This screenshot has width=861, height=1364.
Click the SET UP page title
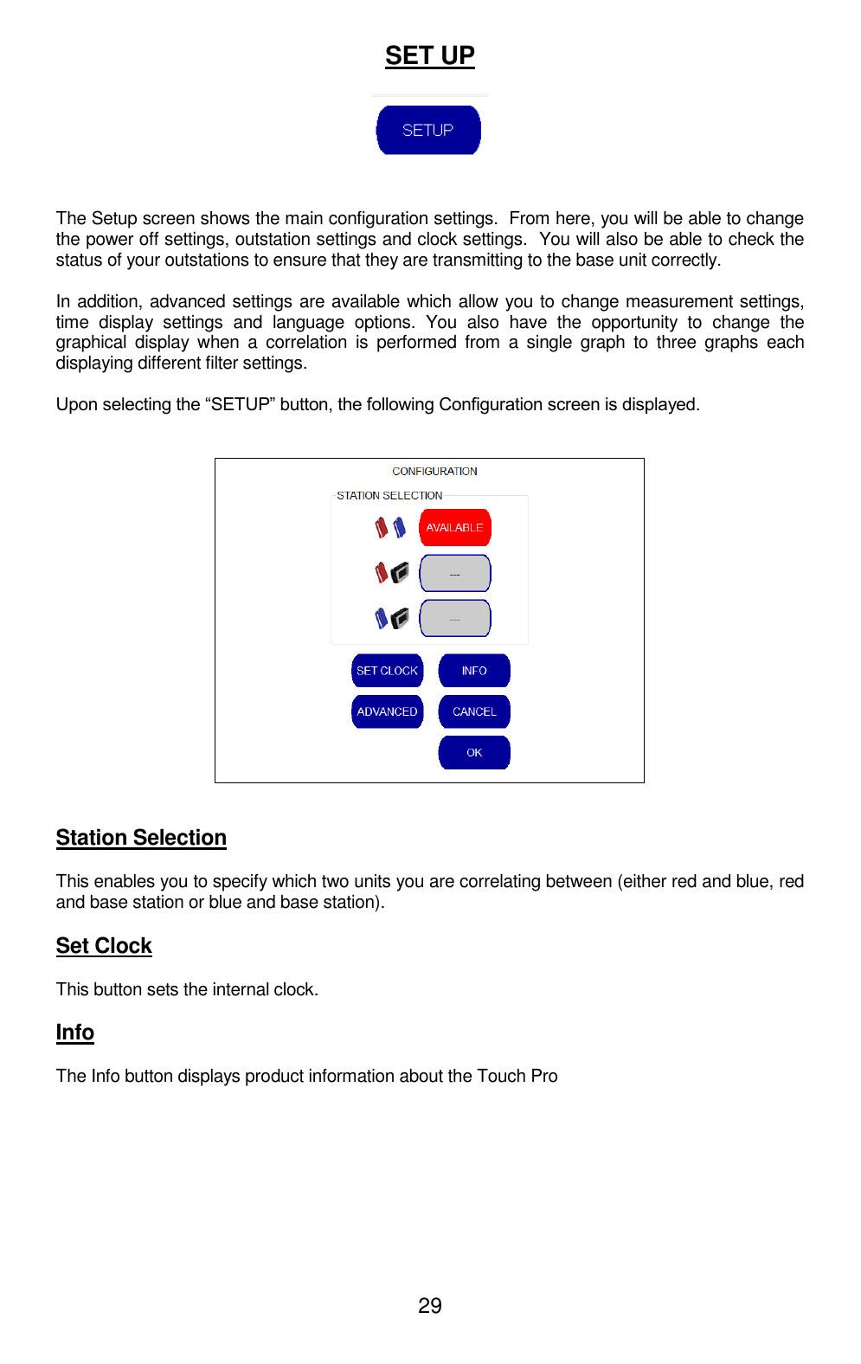pyautogui.click(x=429, y=55)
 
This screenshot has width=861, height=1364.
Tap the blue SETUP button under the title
pyautogui.click(x=428, y=130)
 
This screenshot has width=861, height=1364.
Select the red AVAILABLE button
pyautogui.click(x=454, y=527)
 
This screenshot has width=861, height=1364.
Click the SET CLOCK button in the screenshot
pyautogui.click(x=387, y=671)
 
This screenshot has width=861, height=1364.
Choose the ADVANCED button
pyautogui.click(x=387, y=711)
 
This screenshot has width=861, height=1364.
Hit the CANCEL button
pyautogui.click(x=474, y=711)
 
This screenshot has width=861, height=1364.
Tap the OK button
pyautogui.click(x=474, y=752)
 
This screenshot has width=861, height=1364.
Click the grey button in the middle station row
pyautogui.click(x=454, y=573)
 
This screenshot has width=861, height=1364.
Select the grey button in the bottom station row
pyautogui.click(x=454, y=618)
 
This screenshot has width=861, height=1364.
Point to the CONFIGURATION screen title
pyautogui.click(x=434, y=471)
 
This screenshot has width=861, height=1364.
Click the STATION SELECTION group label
pyautogui.click(x=389, y=495)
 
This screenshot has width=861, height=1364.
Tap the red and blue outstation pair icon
pyautogui.click(x=389, y=527)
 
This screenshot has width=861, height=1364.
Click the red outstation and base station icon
pyautogui.click(x=390, y=572)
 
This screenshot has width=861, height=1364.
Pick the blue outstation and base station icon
pyautogui.click(x=390, y=618)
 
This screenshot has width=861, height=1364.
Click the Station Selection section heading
pyautogui.click(x=141, y=837)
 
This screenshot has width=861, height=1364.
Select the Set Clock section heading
pyautogui.click(x=104, y=945)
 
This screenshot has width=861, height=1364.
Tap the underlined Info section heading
pyautogui.click(x=75, y=1032)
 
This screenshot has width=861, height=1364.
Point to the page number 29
pyautogui.click(x=429, y=1305)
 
